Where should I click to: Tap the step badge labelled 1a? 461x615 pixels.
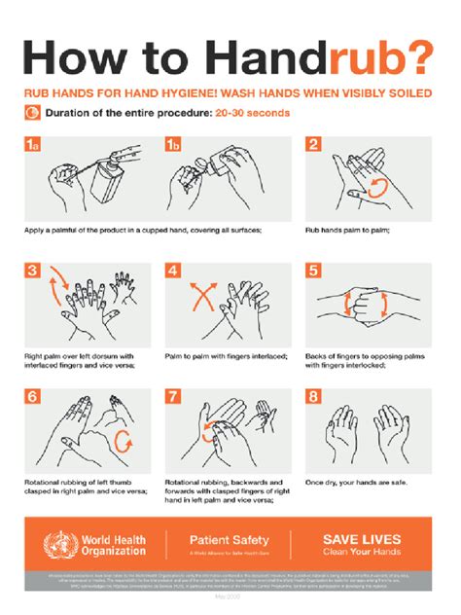pos(33,145)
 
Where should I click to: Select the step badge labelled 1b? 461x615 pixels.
pos(174,145)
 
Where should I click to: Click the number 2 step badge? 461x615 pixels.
pos(313,145)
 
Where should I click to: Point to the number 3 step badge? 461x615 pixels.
pos(32,271)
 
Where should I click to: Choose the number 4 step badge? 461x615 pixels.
pos(173,271)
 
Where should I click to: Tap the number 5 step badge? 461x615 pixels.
pos(313,271)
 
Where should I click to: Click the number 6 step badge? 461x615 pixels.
pos(32,397)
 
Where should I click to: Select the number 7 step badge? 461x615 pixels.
pos(173,397)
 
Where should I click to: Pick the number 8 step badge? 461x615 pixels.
pos(313,397)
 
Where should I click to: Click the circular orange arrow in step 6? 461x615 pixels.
pos(124,443)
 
